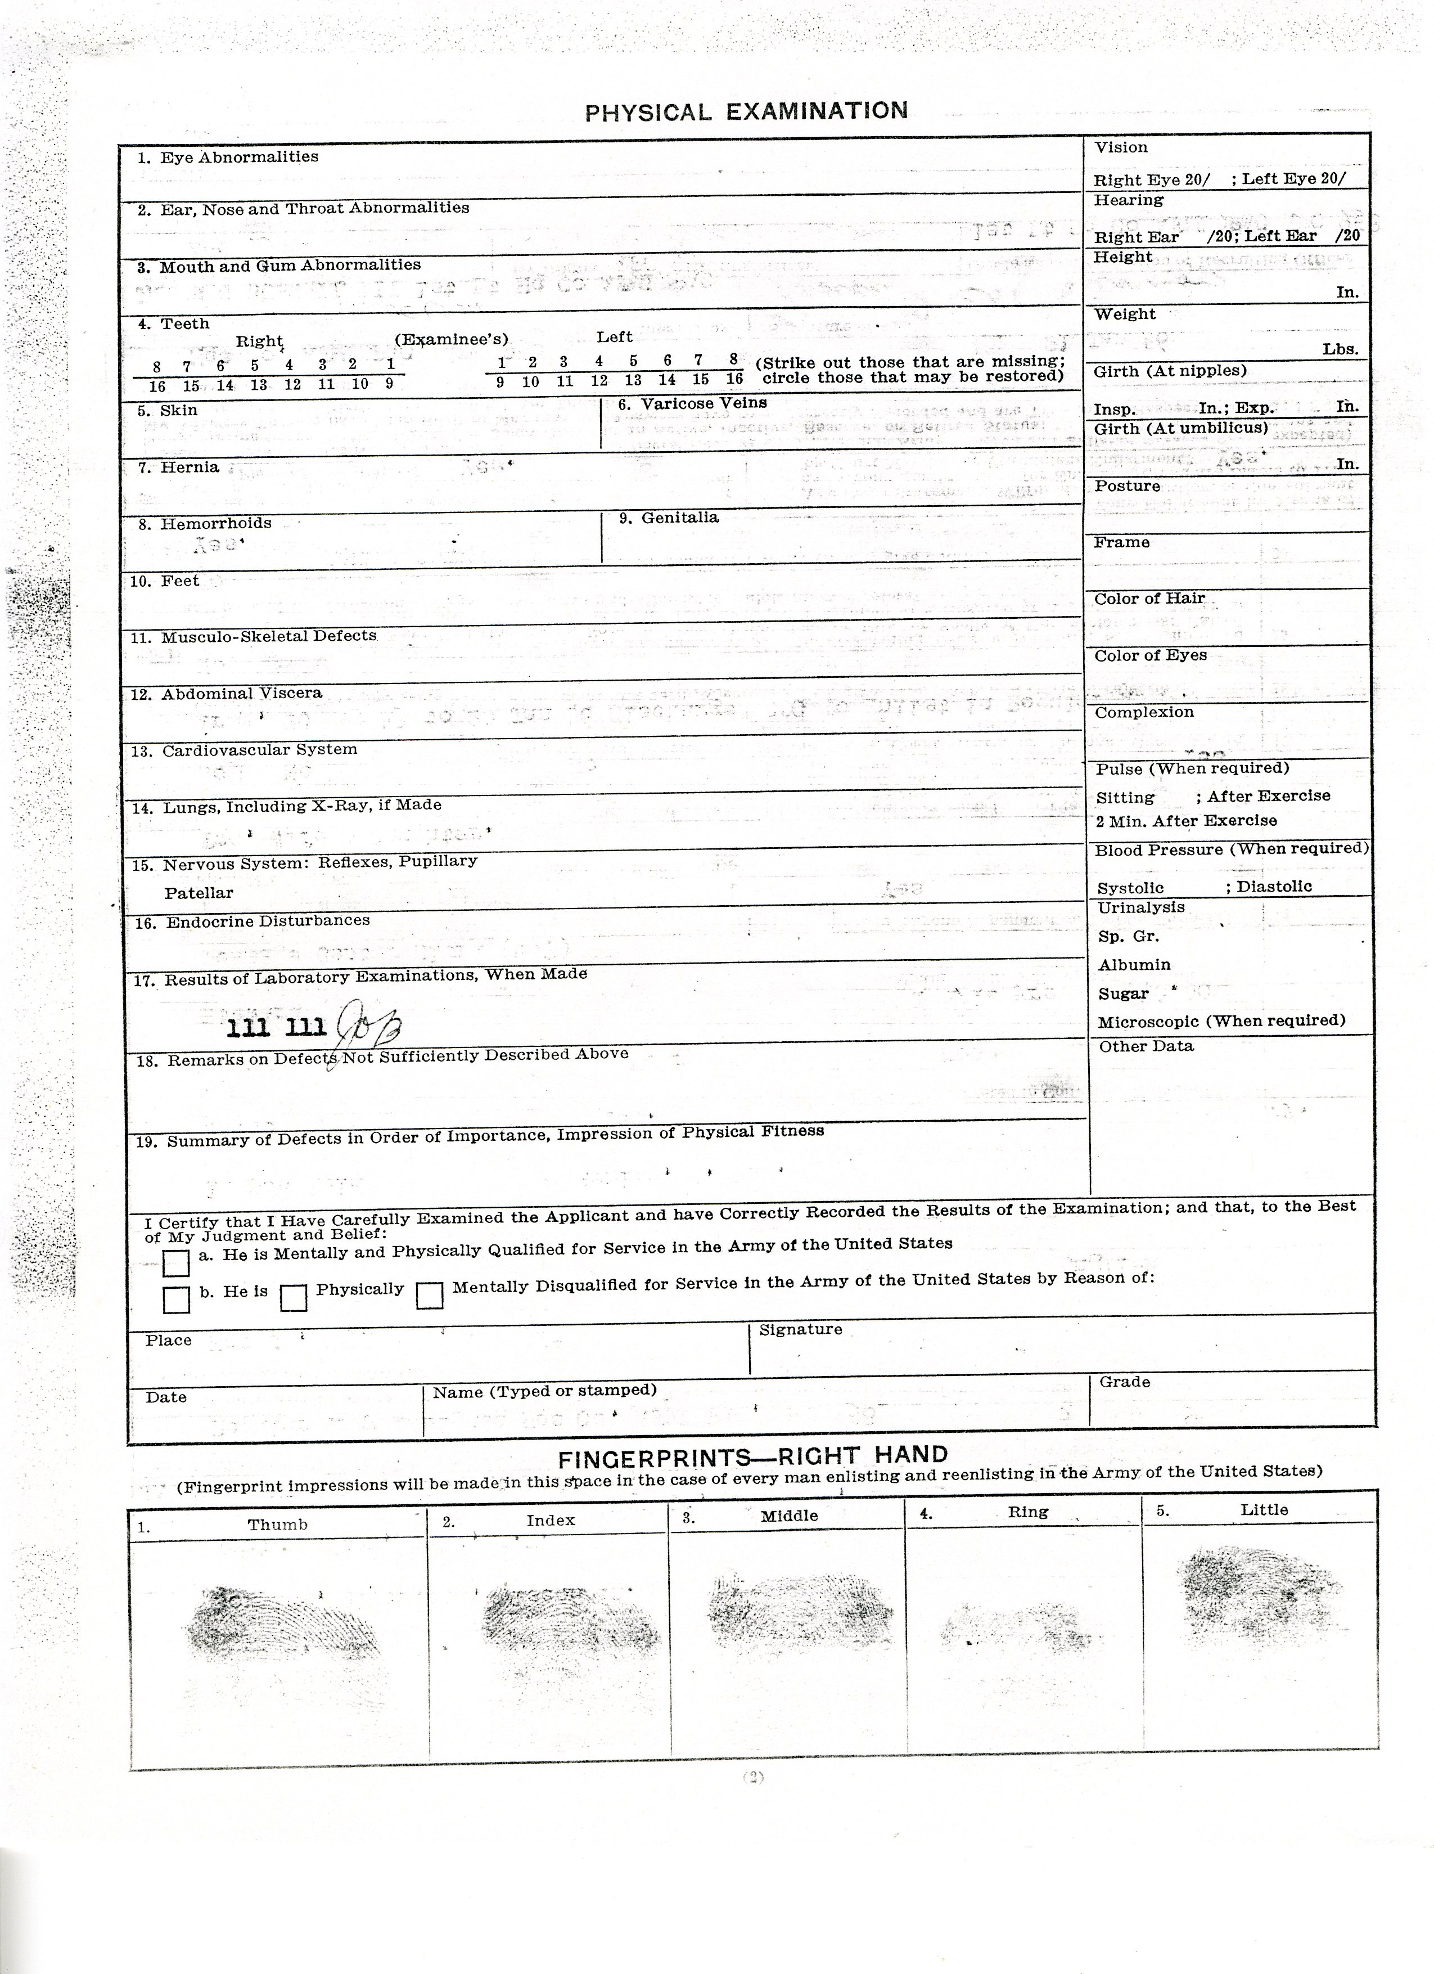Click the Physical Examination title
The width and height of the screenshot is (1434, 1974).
pos(746,111)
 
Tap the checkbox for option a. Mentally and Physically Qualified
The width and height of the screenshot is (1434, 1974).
pos(176,1263)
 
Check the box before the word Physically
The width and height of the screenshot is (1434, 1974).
pos(293,1298)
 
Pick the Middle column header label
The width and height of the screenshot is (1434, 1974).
pos(789,1516)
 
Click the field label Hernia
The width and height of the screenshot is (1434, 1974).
pos(189,468)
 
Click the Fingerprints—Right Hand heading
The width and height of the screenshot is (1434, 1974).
pos(752,1456)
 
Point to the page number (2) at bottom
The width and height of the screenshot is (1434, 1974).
pos(752,1777)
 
